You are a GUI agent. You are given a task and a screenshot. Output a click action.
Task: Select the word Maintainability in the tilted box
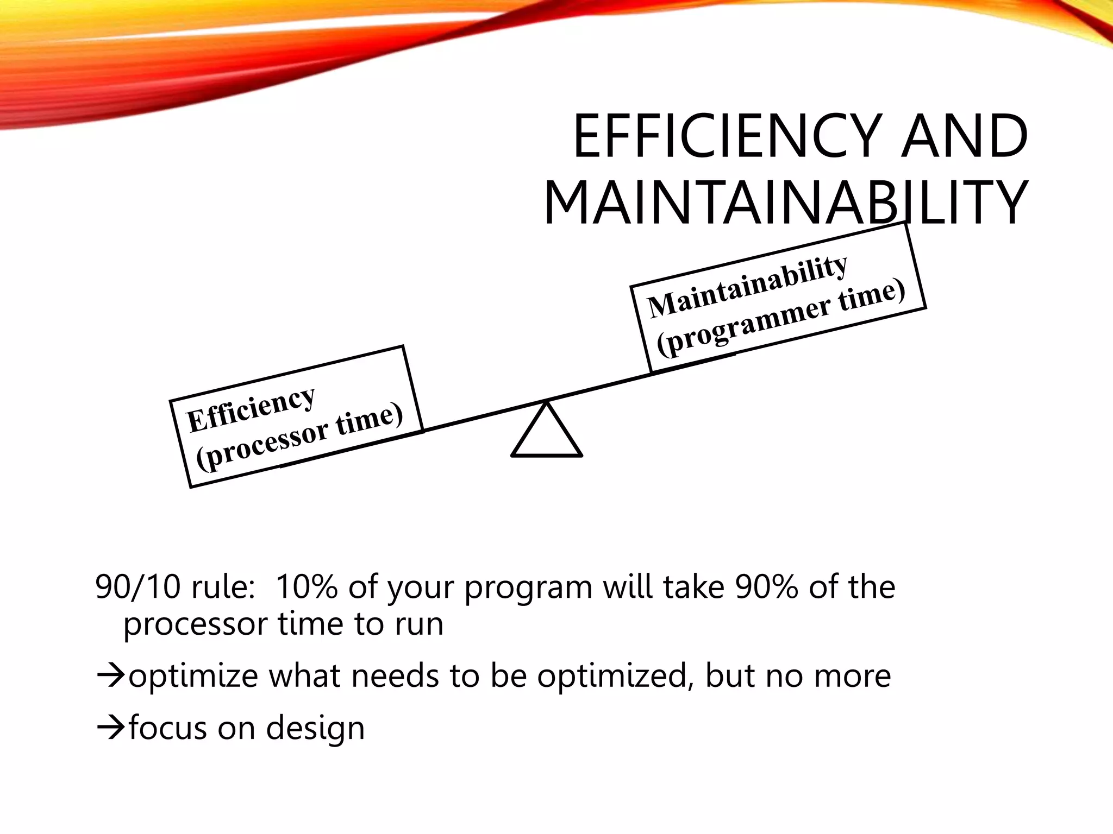(748, 286)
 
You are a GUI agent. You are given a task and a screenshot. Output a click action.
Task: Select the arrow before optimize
(111, 676)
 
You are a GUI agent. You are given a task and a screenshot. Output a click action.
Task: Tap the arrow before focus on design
(111, 728)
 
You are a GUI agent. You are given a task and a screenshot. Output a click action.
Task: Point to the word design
(315, 728)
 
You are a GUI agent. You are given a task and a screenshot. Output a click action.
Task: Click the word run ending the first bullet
(418, 624)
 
